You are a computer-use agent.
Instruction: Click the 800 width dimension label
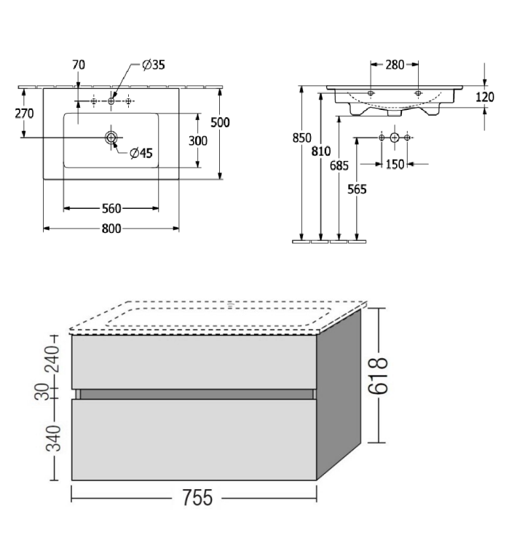tap(111, 229)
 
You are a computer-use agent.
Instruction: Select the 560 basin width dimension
tap(111, 209)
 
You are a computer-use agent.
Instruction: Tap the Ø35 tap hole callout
tap(154, 65)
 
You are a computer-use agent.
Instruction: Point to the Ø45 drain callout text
tap(141, 153)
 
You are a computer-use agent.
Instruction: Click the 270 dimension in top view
tap(24, 114)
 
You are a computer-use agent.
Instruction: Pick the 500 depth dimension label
tap(220, 122)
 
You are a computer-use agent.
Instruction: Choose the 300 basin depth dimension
tap(198, 141)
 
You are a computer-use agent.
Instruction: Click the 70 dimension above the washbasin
tap(79, 65)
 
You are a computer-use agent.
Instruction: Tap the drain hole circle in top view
tap(111, 138)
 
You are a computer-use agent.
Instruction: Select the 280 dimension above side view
tap(395, 65)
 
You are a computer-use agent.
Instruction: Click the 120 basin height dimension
tap(485, 97)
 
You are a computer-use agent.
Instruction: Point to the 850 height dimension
tap(301, 138)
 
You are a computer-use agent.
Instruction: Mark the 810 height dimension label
tap(321, 151)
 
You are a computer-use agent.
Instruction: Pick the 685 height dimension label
tap(339, 166)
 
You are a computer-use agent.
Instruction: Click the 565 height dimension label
tap(357, 189)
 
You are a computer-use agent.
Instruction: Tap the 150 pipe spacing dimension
tap(395, 164)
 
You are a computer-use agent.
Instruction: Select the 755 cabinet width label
tap(197, 498)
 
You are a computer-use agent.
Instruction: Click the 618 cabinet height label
tap(379, 376)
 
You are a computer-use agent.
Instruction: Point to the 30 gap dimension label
tap(42, 392)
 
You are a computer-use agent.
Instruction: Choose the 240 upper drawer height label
tap(53, 359)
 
